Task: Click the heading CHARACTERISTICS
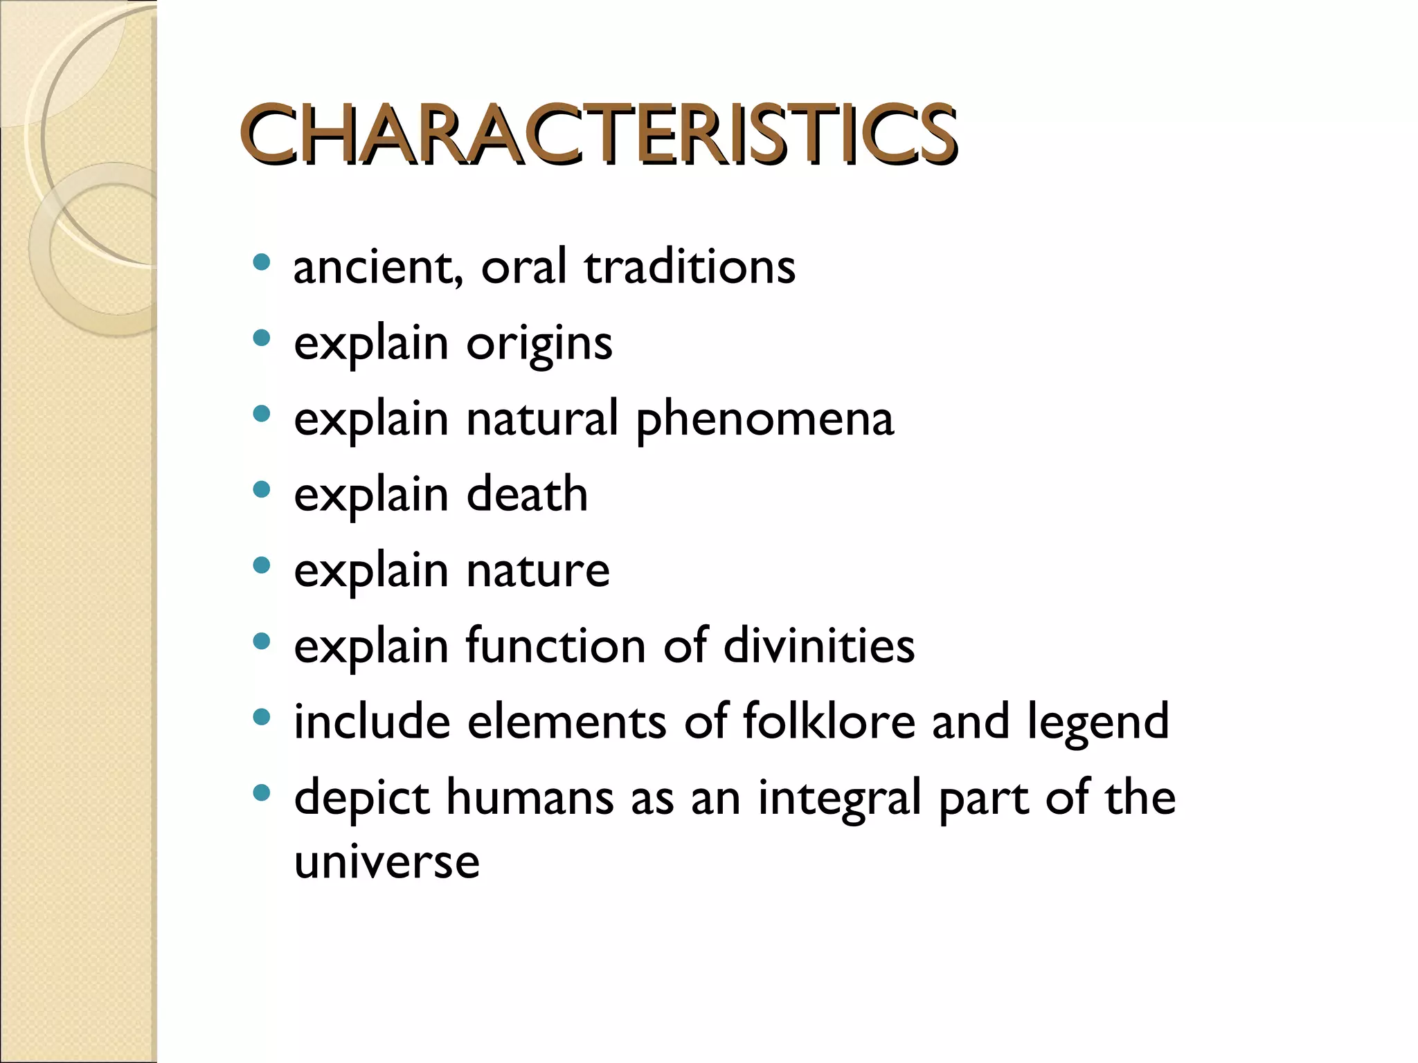tap(599, 134)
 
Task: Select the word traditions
tap(690, 267)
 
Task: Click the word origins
tap(539, 344)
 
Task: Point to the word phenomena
tap(764, 420)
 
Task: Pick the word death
tap(527, 495)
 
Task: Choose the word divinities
tap(818, 646)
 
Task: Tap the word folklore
tap(829, 721)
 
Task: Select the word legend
tap(1097, 723)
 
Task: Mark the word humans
tap(530, 797)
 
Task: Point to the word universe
tap(386, 862)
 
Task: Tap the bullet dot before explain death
tap(261, 491)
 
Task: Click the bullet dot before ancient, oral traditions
tap(261, 263)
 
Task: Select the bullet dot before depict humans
tap(261, 793)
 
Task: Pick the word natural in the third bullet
tap(542, 419)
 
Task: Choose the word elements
tap(567, 722)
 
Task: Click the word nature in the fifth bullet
tap(538, 571)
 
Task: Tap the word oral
tap(523, 267)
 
